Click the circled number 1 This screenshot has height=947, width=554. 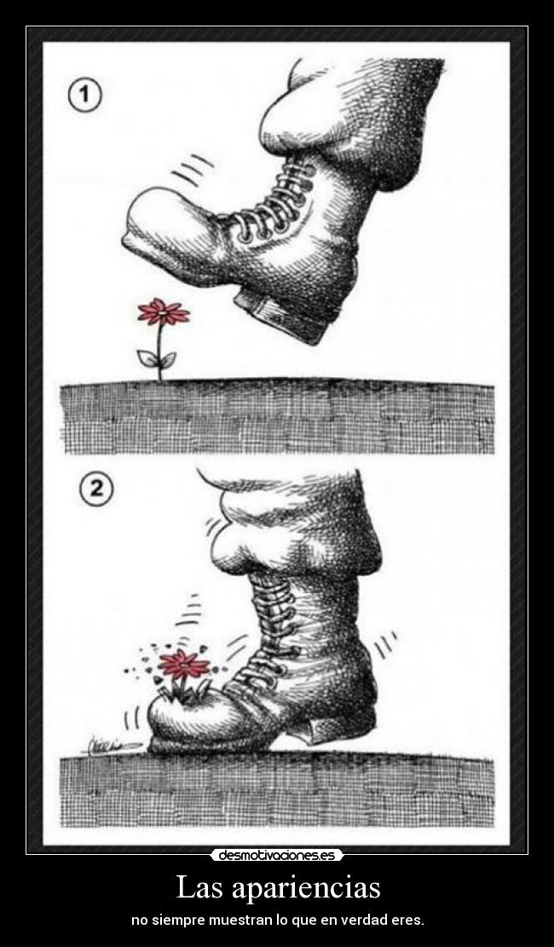click(x=85, y=97)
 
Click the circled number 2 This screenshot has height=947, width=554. click(x=96, y=489)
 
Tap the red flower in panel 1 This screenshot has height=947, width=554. click(x=163, y=312)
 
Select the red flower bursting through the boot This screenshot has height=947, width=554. click(x=183, y=665)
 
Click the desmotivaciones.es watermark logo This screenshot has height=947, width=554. click(x=277, y=855)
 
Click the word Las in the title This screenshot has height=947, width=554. click(x=199, y=888)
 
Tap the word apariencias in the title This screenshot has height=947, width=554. click(x=305, y=889)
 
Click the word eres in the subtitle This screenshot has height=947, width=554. click(x=409, y=921)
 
